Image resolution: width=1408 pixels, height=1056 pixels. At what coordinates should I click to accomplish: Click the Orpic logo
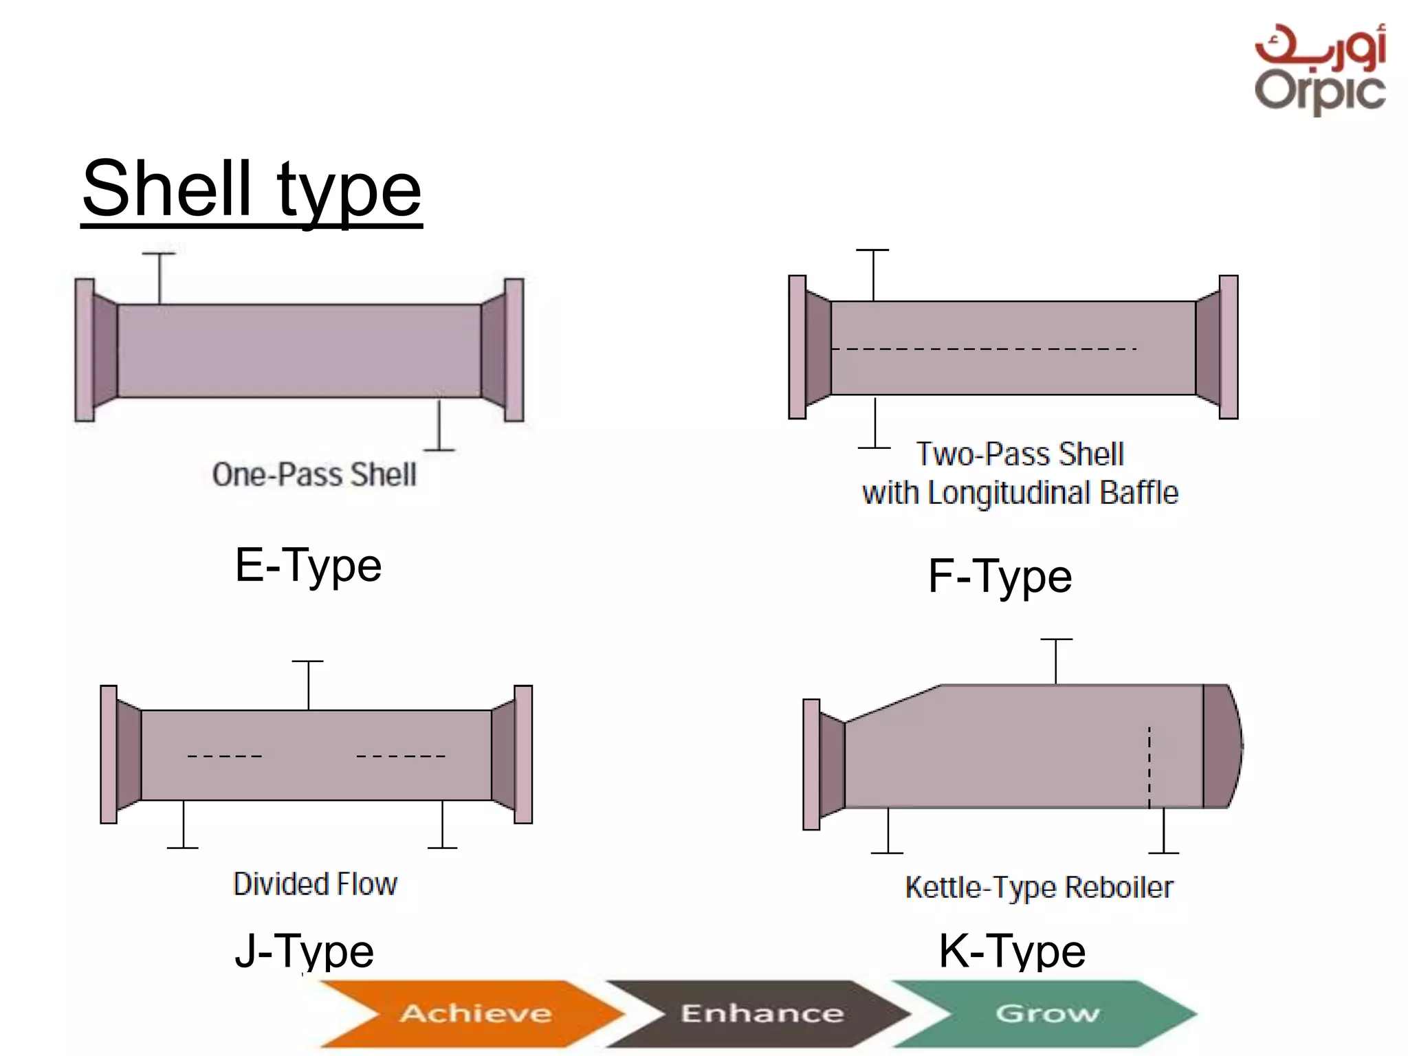(x=1320, y=69)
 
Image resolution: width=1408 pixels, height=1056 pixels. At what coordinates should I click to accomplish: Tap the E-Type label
(x=308, y=566)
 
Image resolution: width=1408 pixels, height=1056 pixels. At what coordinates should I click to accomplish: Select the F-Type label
(x=1000, y=576)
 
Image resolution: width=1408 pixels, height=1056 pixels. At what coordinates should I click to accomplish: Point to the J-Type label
(x=304, y=951)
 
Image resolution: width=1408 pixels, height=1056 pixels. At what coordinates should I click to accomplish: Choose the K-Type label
(x=1012, y=951)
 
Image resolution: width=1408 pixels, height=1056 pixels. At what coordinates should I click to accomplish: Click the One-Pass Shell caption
(x=314, y=474)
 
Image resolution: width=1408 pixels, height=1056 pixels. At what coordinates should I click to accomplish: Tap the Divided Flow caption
(x=315, y=884)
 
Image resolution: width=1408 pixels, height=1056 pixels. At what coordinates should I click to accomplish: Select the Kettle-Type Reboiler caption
(x=1039, y=888)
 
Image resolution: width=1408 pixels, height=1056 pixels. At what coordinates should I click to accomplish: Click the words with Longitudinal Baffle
(x=1020, y=493)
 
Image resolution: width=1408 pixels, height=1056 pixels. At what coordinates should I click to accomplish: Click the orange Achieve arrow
(x=474, y=1013)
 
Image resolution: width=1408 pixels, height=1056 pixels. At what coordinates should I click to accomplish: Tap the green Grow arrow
(x=1046, y=1013)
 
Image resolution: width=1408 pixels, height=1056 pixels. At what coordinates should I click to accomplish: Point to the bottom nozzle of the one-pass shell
(x=439, y=426)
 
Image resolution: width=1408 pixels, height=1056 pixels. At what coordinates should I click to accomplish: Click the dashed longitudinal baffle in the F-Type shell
(x=983, y=349)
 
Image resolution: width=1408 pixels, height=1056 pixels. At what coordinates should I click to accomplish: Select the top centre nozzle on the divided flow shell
(x=308, y=684)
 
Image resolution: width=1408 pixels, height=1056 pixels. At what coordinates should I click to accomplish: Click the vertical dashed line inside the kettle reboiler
(x=1149, y=767)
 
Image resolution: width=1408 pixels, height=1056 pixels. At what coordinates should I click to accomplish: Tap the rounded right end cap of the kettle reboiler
(x=1222, y=746)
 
